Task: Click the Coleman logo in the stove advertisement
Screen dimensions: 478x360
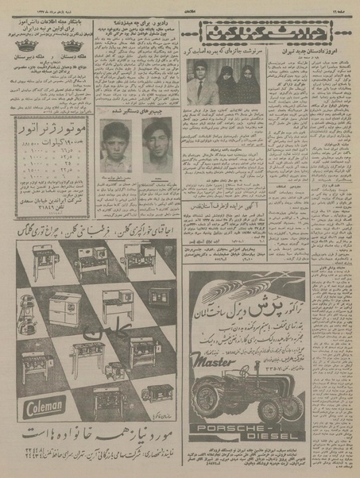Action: [39, 410]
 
